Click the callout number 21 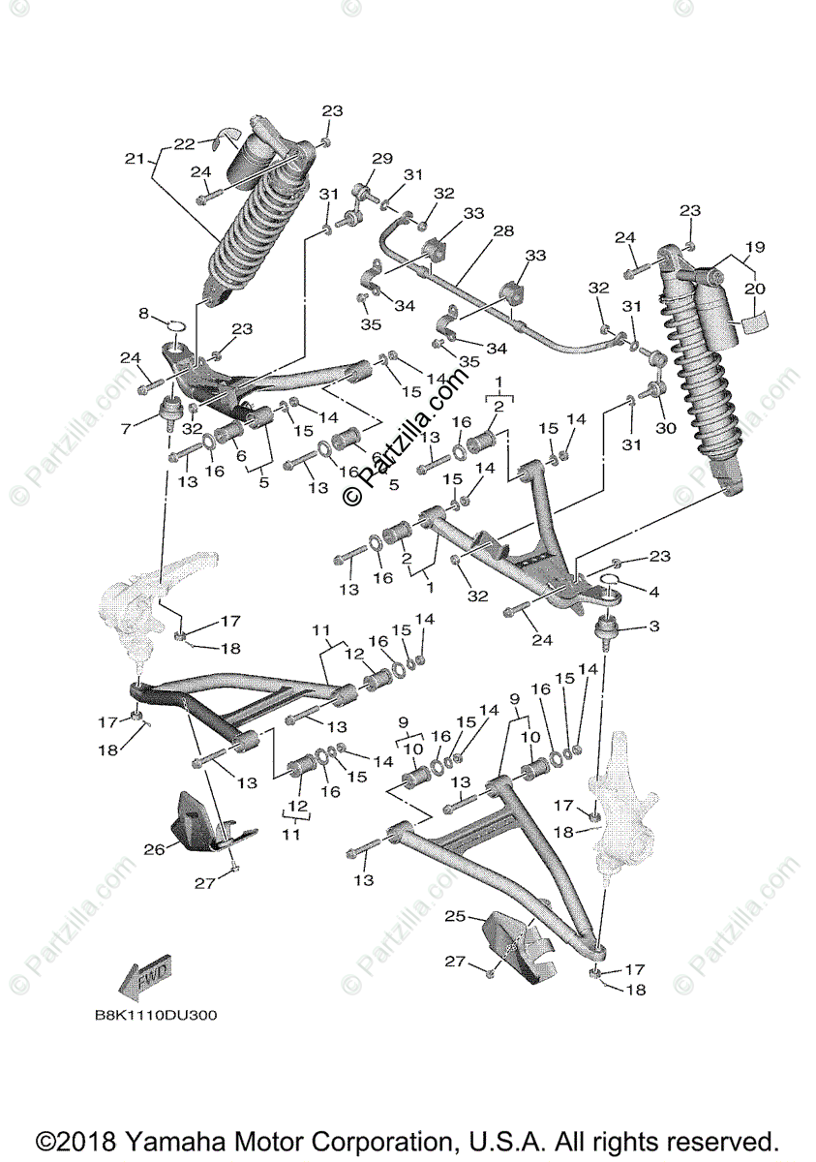pos(135,157)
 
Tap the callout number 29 pos(382,159)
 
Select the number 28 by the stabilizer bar pos(502,231)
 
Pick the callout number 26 pos(155,850)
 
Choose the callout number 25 pos(455,915)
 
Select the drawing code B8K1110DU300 pos(156,1016)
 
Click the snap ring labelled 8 pos(174,322)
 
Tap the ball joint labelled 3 pos(607,634)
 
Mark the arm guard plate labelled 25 pos(518,944)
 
